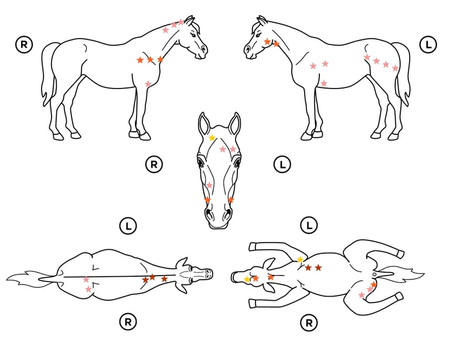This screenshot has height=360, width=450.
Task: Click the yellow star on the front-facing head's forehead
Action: point(212,138)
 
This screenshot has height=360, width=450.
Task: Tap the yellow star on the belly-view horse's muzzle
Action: point(247,279)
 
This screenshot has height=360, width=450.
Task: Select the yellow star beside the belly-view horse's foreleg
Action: point(300,260)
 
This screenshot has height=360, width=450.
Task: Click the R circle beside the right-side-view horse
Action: point(24,45)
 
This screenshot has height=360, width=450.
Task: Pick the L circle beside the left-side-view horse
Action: point(428,45)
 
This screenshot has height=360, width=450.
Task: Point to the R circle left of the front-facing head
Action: point(154,165)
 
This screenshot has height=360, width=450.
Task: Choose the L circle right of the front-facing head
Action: point(282,165)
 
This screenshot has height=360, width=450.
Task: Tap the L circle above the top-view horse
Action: point(128,226)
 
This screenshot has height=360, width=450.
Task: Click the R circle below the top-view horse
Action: point(128,322)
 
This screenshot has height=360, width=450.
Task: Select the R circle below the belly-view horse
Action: point(309,323)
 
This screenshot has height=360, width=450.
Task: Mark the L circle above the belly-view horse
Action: point(309,225)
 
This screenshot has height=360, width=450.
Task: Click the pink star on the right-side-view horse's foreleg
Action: point(148,84)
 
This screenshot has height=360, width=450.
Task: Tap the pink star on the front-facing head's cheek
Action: point(210,185)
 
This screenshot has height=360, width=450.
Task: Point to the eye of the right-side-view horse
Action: point(193,35)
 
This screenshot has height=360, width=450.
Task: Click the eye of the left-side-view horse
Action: point(258,35)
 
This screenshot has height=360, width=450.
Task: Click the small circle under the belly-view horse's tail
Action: point(374,275)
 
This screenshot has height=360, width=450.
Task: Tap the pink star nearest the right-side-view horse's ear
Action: point(181,22)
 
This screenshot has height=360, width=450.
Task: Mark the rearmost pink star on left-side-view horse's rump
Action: point(396,68)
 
